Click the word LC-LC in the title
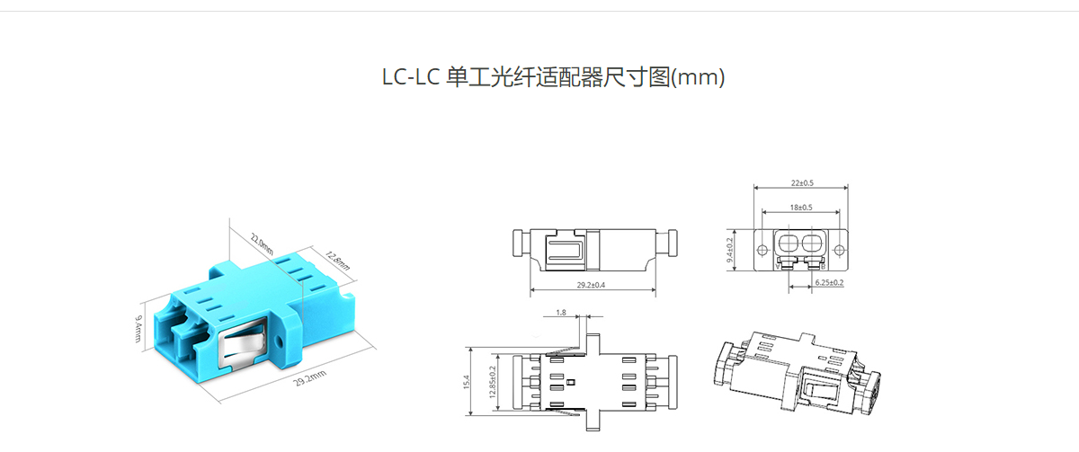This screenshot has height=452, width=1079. [x=411, y=77]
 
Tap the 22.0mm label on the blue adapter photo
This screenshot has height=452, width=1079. [x=262, y=244]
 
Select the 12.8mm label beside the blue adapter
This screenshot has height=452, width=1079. [x=338, y=261]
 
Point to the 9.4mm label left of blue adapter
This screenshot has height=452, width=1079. [x=138, y=329]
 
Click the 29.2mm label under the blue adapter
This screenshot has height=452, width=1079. [x=310, y=378]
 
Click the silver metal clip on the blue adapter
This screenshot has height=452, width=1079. [x=242, y=343]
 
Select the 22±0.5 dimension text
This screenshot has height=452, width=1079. [x=802, y=183]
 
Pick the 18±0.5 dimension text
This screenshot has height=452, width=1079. [x=801, y=208]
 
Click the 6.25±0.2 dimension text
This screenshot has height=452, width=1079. [x=829, y=282]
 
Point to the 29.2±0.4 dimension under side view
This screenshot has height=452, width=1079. [x=591, y=285]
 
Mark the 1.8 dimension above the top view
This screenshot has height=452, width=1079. [x=561, y=313]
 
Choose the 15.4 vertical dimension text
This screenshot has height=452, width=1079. [x=467, y=382]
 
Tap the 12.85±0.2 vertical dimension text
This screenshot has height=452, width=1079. [x=493, y=382]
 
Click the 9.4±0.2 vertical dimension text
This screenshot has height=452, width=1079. [x=729, y=250]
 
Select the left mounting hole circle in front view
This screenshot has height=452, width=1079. [x=762, y=251]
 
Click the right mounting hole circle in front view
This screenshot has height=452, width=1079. [x=839, y=251]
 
